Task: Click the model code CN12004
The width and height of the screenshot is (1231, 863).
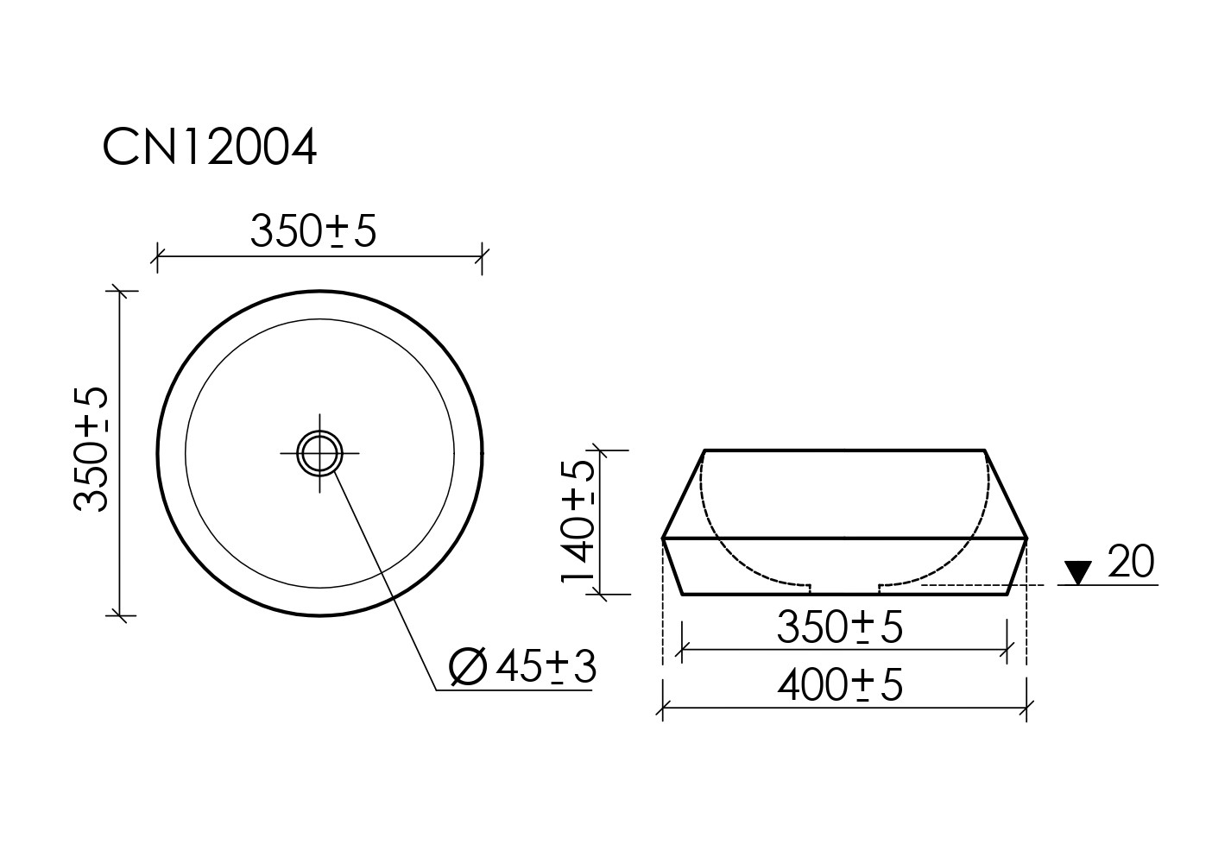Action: [x=210, y=148]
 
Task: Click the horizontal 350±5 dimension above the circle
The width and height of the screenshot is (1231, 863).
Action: [x=313, y=230]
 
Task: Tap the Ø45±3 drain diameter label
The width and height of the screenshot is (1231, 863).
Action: [x=523, y=667]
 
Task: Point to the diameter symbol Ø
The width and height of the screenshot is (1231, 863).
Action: [x=469, y=667]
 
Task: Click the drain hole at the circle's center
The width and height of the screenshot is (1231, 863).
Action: [x=319, y=451]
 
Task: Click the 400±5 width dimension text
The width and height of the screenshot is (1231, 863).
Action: [x=839, y=685]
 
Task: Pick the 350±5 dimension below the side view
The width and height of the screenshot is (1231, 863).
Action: [x=839, y=627]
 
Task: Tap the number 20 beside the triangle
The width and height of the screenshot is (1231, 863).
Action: [x=1130, y=563]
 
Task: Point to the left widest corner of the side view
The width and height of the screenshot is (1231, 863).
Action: [x=663, y=539]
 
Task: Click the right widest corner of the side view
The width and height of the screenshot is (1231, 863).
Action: [x=1026, y=539]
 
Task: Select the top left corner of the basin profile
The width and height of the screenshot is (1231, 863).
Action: [x=705, y=450]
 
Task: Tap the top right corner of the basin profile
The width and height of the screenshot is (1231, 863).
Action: [x=985, y=450]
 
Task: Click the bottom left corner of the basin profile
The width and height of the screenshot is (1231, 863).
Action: [x=683, y=595]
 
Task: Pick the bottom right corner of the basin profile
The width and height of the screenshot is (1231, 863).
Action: [x=1007, y=595]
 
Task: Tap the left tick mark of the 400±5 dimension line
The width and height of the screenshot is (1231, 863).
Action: [x=662, y=709]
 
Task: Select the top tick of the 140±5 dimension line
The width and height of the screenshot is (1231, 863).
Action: [x=597, y=450]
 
